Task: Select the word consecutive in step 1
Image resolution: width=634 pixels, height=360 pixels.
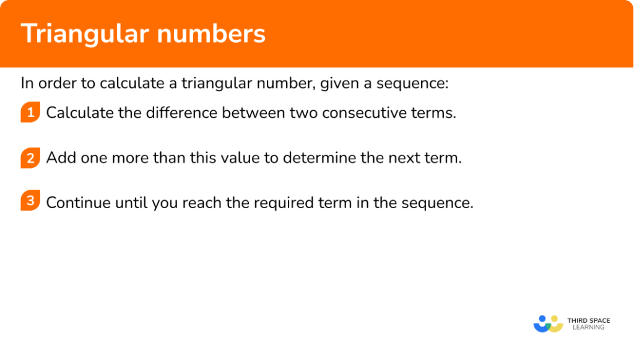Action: (x=364, y=113)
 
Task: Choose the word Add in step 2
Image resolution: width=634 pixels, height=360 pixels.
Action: (x=58, y=157)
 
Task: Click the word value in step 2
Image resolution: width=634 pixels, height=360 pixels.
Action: (x=243, y=157)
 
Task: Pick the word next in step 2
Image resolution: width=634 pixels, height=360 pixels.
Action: (x=404, y=157)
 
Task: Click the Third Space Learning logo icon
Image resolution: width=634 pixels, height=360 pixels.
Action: (x=548, y=323)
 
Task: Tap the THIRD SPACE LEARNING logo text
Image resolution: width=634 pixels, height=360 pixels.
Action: (x=588, y=323)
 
